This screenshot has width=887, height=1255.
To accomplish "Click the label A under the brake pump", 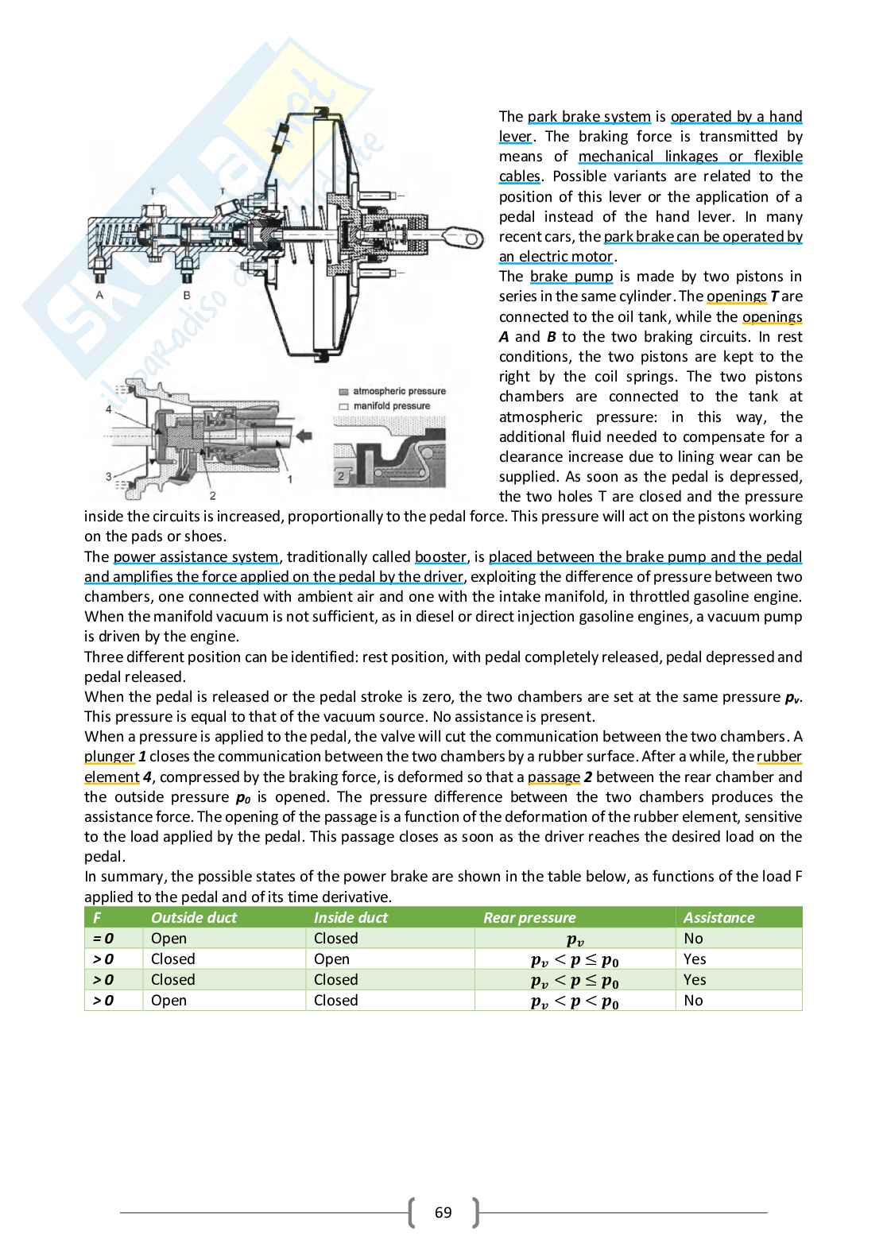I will click(x=100, y=295).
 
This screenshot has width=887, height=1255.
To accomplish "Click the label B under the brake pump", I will click(x=187, y=295).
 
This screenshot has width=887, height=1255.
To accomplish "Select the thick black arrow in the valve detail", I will click(x=301, y=436).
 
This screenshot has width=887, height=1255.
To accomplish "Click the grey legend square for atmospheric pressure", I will click(x=343, y=392).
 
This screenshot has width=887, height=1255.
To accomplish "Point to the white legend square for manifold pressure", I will click(x=343, y=406).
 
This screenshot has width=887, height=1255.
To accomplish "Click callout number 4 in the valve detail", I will click(x=108, y=409).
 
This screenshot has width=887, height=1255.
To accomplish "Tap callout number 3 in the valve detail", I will click(x=108, y=476).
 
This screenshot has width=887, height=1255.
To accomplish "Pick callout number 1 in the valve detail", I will click(x=290, y=479).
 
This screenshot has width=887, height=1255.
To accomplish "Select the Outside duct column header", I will click(x=194, y=917).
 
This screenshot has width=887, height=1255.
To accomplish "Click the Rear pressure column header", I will click(x=529, y=917).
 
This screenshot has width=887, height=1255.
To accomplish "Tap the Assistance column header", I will click(x=719, y=917).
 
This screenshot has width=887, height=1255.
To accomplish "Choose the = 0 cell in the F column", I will click(x=103, y=938).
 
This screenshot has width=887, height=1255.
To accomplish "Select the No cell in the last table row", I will click(x=693, y=1000).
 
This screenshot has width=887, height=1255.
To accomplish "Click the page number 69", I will click(x=443, y=1212).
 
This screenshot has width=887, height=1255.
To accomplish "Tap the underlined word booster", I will click(x=440, y=557).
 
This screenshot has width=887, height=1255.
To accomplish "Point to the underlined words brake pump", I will click(x=571, y=277).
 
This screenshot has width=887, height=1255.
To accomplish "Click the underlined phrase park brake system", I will click(x=589, y=117).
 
